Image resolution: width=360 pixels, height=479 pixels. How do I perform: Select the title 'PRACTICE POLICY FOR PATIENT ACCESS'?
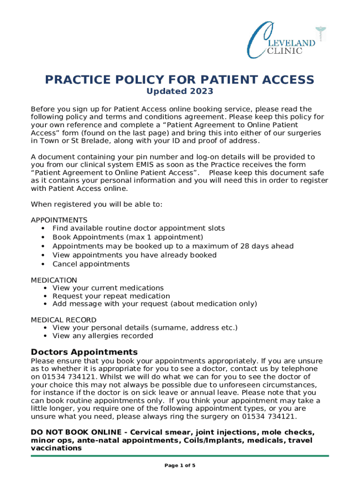click(x=180, y=80)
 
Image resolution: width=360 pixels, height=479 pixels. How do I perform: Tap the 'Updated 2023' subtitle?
click(x=180, y=91)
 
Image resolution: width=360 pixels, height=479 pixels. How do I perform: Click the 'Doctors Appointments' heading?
click(x=84, y=352)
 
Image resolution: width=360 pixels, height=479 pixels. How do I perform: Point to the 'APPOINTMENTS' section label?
click(x=59, y=220)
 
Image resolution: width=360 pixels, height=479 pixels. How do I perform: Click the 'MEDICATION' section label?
click(x=54, y=280)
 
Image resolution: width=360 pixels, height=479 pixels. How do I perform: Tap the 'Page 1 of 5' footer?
click(x=180, y=465)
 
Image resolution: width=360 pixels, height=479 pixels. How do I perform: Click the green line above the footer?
click(x=180, y=456)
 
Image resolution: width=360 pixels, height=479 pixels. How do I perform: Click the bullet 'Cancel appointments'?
click(x=91, y=264)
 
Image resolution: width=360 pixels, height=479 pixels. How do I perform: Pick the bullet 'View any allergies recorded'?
click(x=102, y=336)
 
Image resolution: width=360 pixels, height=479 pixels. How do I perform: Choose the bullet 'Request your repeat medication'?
click(x=111, y=296)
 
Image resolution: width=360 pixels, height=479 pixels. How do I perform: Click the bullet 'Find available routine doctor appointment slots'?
click(x=138, y=228)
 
